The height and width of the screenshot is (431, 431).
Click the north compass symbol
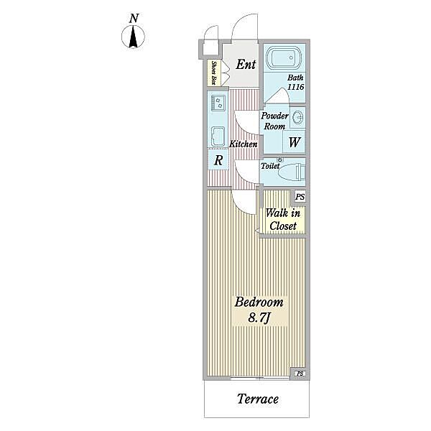[134, 37]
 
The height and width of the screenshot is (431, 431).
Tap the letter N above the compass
[134, 19]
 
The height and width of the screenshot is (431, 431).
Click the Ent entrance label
[246, 65]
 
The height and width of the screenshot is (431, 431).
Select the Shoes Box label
[213, 73]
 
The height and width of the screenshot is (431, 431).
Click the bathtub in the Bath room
[284, 58]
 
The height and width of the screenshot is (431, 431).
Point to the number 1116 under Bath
[295, 87]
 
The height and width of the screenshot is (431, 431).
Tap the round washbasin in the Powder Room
[297, 117]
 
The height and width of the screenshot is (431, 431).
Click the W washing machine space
[294, 142]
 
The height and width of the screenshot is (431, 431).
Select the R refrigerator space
[218, 159]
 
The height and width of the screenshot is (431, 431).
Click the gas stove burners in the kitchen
[218, 103]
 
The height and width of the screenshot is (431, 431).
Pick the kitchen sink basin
[218, 136]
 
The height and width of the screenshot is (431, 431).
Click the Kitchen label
[244, 144]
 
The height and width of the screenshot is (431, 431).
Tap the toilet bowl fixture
[292, 172]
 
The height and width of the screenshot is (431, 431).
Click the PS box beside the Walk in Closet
[300, 197]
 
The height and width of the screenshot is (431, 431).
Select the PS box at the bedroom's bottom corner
[300, 374]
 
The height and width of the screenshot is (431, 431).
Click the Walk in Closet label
[283, 220]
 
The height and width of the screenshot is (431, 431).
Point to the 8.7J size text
[259, 318]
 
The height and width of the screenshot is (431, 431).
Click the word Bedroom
[259, 302]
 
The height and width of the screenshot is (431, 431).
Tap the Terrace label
[258, 399]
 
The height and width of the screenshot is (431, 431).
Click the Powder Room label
[274, 121]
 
